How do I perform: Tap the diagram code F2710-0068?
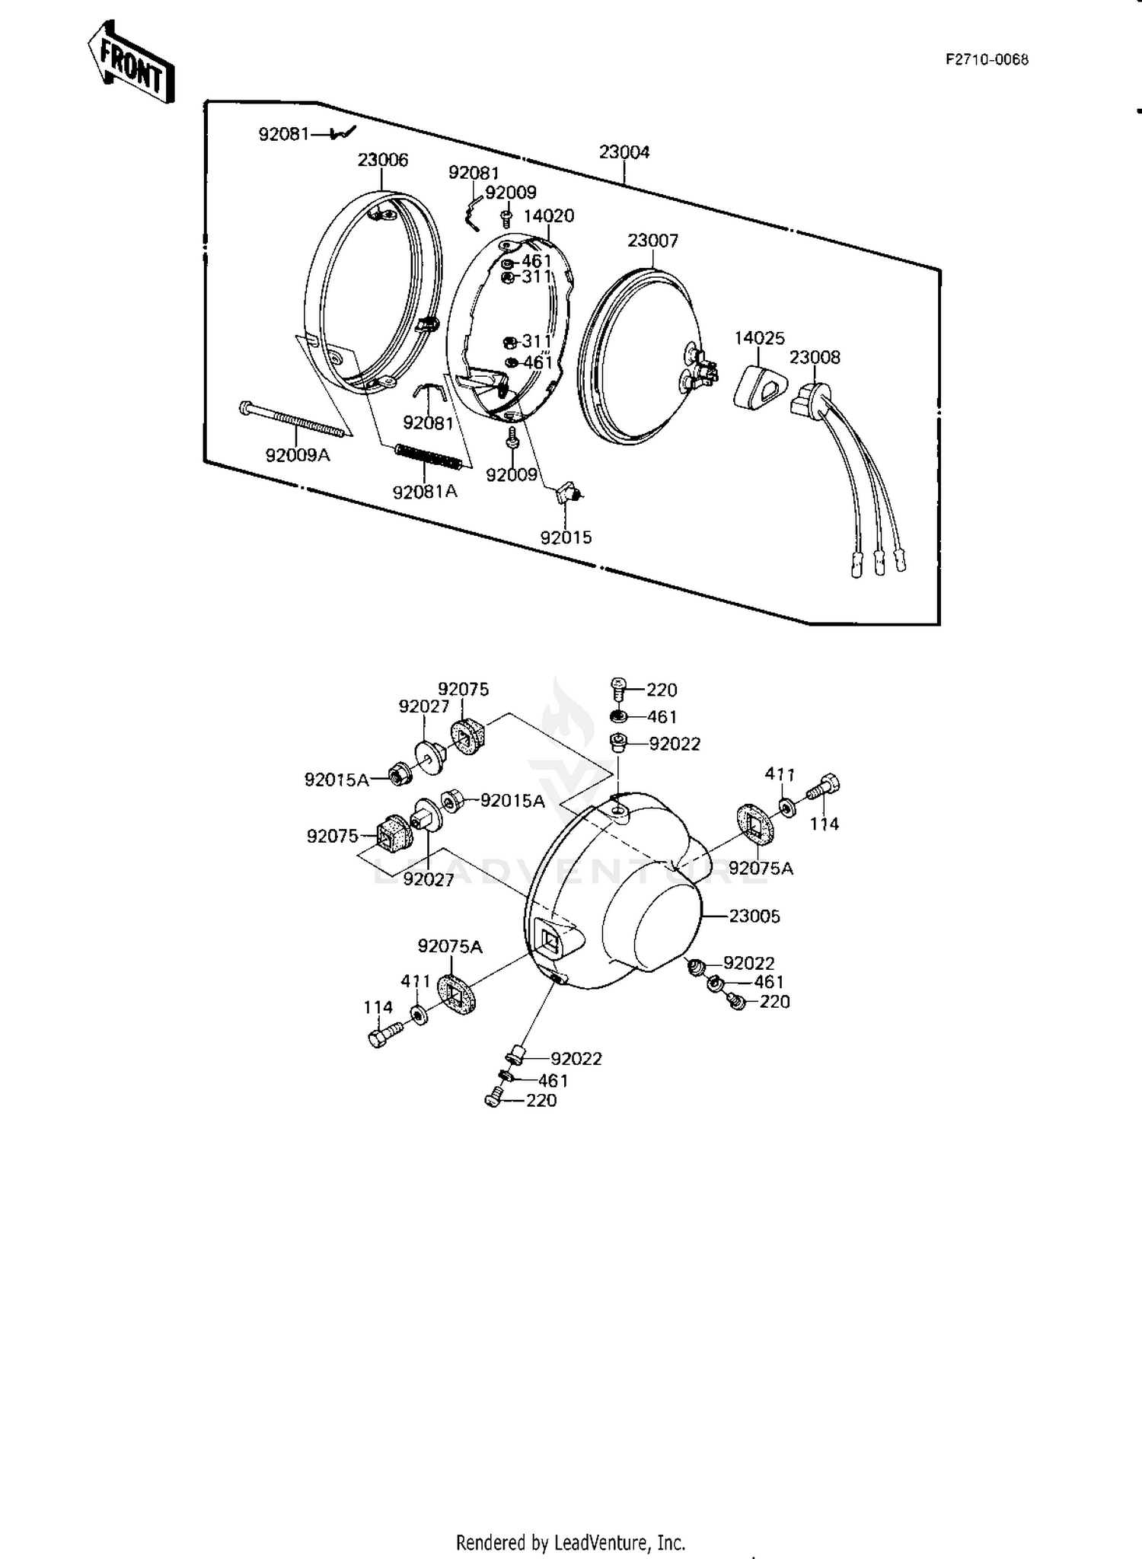tap(987, 60)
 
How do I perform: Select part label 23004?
tap(624, 152)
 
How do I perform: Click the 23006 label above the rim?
tap(383, 160)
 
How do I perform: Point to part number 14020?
tap(549, 215)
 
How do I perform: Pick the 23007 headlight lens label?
tap(652, 241)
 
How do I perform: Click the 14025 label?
tap(759, 338)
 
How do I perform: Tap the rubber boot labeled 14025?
tap(758, 385)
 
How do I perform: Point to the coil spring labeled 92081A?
tap(429, 459)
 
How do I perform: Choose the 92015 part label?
tap(566, 537)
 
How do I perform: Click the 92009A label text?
tap(298, 455)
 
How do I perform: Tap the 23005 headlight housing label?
tap(754, 917)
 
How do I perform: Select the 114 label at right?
tap(825, 824)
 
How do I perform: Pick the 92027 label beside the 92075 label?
tap(424, 706)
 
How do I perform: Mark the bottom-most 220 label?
tap(541, 1101)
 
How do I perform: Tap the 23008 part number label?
tap(815, 358)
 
